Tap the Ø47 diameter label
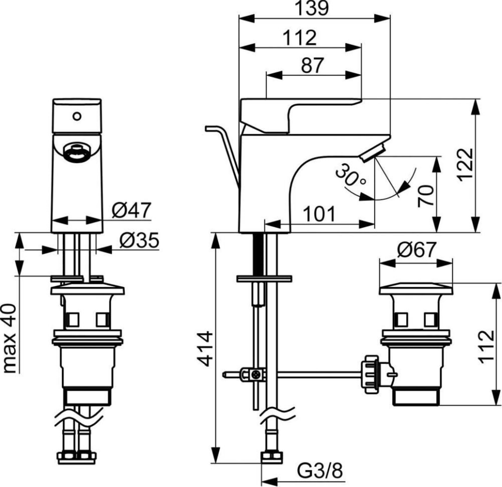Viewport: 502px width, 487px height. coord(132,210)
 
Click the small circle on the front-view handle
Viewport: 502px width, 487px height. coord(77,116)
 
